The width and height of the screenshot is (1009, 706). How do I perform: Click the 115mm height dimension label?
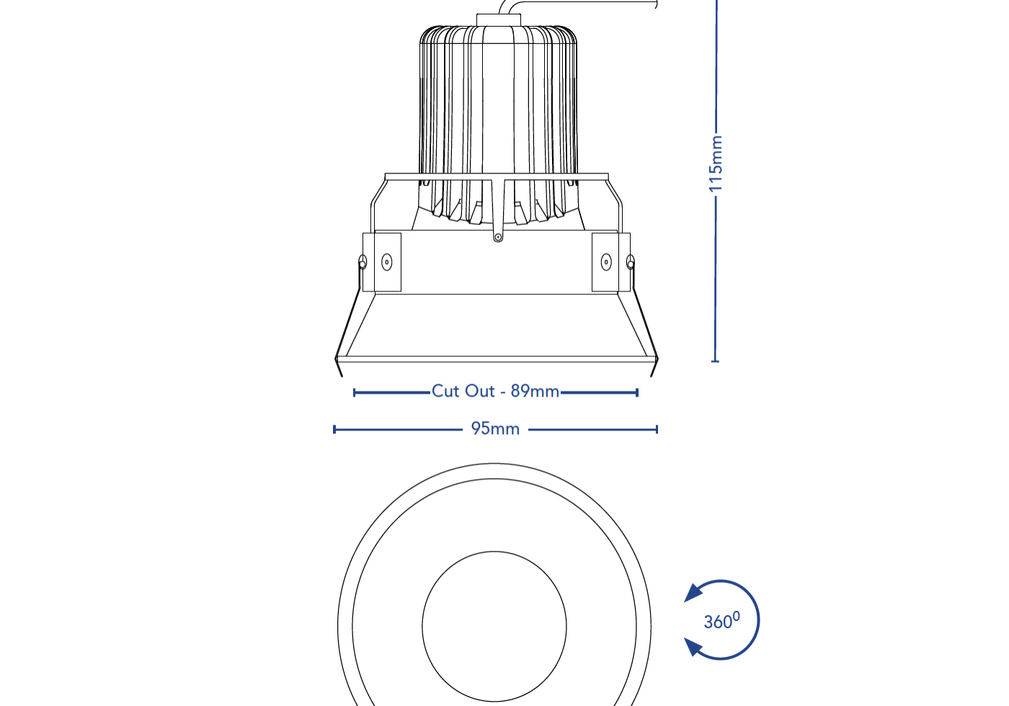pos(716,164)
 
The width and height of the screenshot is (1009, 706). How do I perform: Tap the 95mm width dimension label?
pos(495,429)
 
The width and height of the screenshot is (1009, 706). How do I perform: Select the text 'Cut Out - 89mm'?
pos(495,392)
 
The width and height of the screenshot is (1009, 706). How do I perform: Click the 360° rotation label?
pos(721,621)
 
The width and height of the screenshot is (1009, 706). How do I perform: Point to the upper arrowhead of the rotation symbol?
pos(693,593)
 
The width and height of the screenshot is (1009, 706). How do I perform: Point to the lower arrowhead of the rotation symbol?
pos(693,647)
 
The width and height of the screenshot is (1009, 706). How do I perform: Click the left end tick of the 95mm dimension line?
pos(334,430)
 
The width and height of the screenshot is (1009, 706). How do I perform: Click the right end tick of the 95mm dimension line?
pos(657,430)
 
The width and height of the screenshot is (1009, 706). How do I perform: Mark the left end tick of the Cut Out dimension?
pos(355,392)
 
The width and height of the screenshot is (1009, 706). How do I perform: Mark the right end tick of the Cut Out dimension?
pos(637,392)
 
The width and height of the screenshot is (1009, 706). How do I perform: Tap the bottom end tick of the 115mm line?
pos(715,360)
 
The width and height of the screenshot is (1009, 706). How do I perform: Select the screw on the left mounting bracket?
pos(387,262)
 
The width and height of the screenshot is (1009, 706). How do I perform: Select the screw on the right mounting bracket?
pos(606,262)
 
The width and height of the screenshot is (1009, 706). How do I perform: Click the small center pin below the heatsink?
pos(497,237)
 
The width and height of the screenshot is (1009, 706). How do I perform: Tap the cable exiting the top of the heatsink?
pos(577,4)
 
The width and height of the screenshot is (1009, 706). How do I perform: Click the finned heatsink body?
pos(498,108)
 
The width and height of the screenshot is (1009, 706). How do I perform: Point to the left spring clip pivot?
pos(363,262)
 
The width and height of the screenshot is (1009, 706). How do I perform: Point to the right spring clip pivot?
pos(631,262)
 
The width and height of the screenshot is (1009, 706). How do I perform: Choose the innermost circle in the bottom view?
pos(494,626)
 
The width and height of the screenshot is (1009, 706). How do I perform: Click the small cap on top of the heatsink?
pos(498,19)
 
